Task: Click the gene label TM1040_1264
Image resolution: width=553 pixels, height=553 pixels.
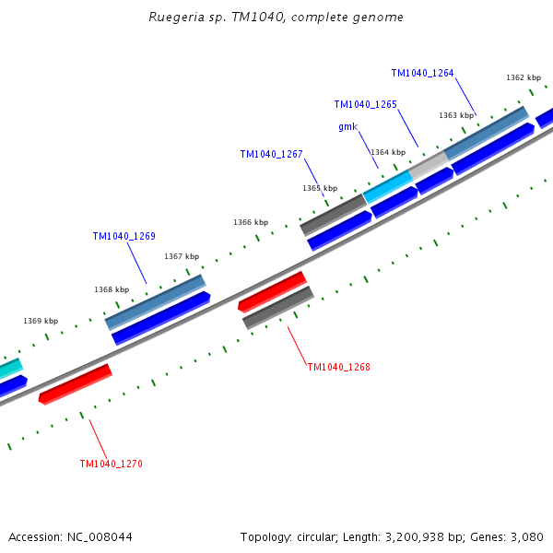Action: click(422, 73)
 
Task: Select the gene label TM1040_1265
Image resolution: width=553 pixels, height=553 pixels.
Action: click(365, 104)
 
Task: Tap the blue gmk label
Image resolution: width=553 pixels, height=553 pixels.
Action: click(347, 126)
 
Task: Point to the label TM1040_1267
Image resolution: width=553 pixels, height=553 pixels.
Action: click(271, 154)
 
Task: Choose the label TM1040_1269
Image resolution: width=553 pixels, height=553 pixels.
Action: click(124, 236)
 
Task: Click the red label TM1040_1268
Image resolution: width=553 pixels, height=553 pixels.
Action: click(338, 367)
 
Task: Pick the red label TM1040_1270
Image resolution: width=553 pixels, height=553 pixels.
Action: click(111, 464)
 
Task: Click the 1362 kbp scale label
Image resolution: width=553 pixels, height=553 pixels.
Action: click(523, 78)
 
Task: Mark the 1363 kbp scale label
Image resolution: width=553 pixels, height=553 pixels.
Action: click(455, 115)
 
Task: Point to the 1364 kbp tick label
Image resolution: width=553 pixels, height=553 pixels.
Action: click(387, 152)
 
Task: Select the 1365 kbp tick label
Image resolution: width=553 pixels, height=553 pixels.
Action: click(319, 188)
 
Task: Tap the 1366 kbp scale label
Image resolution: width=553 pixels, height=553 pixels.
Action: click(251, 222)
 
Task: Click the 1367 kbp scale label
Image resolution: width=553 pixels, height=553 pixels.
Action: click(182, 256)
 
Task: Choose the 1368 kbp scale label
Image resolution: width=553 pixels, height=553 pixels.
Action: click(111, 289)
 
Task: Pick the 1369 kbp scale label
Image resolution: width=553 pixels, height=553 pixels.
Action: click(41, 321)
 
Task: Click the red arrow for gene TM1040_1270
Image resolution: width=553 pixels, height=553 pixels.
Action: click(75, 383)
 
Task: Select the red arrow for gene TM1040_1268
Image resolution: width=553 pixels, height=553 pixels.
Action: click(272, 290)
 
